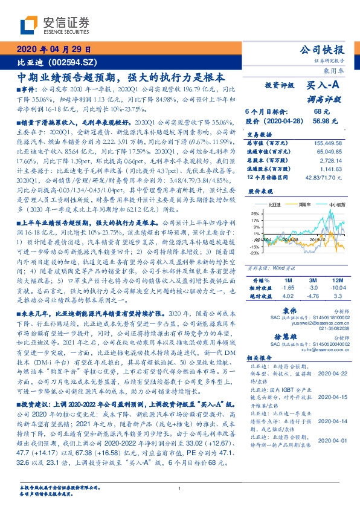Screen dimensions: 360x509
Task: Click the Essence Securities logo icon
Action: (28, 25)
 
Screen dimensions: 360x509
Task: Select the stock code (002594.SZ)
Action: (68, 62)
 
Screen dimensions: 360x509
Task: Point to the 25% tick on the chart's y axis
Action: (256, 213)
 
